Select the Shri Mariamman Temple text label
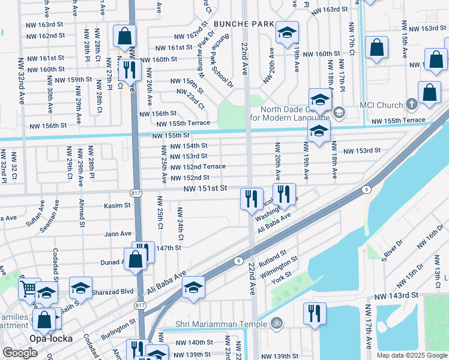221,325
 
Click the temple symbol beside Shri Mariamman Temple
277,324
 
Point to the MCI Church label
381,105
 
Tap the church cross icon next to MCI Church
411,104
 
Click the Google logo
20,353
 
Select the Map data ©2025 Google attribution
412,355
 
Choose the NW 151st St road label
205,188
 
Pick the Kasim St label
118,205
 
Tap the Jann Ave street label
118,233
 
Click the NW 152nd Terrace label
198,166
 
